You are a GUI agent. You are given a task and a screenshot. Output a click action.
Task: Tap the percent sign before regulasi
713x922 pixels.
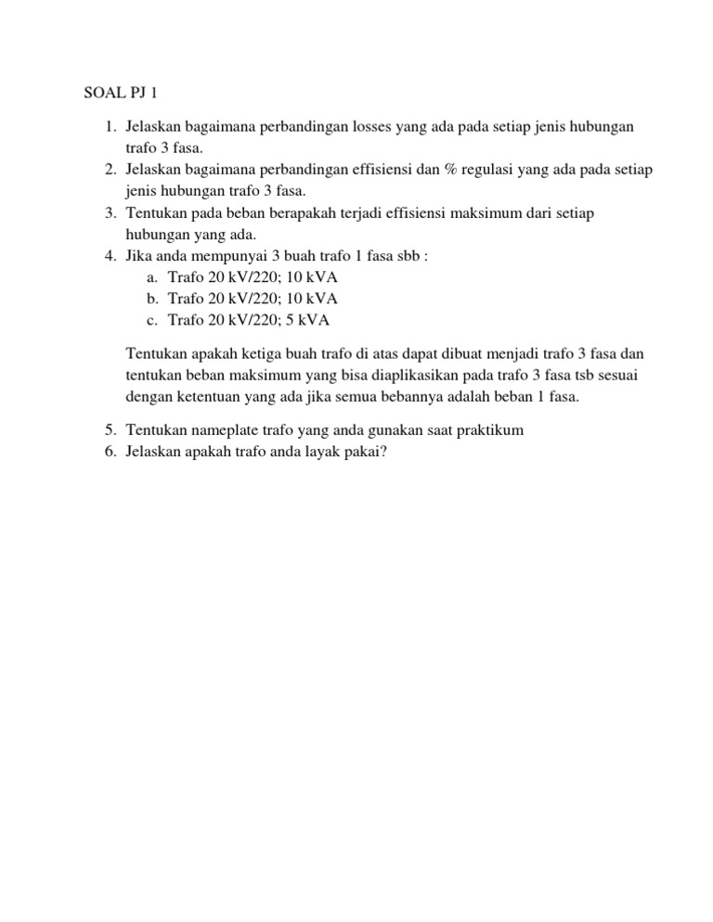(434, 170)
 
